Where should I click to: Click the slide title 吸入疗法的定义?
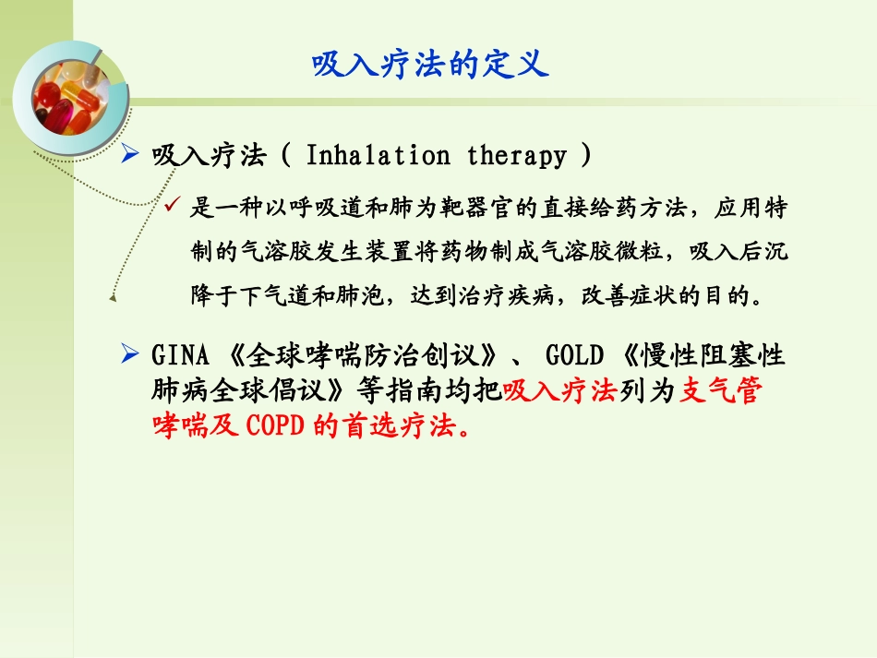tap(430, 65)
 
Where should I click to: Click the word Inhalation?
tap(378, 155)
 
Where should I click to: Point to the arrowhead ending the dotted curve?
tap(113, 297)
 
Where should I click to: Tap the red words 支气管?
tap(721, 391)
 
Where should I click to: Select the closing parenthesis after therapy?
tap(584, 155)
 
